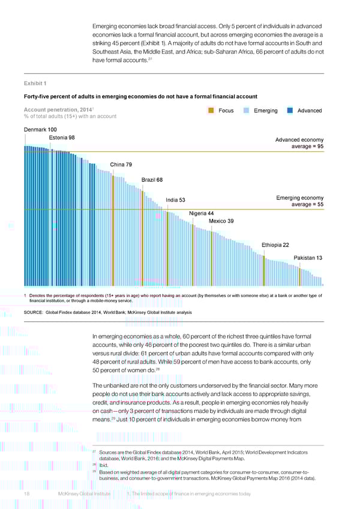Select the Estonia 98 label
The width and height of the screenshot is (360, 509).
(62, 137)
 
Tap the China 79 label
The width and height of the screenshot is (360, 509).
(121, 165)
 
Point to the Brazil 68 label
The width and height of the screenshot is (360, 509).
(152, 179)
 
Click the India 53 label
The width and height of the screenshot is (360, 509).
(175, 200)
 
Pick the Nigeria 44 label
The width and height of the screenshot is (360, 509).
(201, 213)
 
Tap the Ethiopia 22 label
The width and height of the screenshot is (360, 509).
(276, 244)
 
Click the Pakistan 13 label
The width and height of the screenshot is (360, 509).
(308, 258)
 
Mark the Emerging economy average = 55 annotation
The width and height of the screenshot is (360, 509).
(299, 202)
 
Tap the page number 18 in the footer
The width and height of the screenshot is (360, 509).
(27, 493)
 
